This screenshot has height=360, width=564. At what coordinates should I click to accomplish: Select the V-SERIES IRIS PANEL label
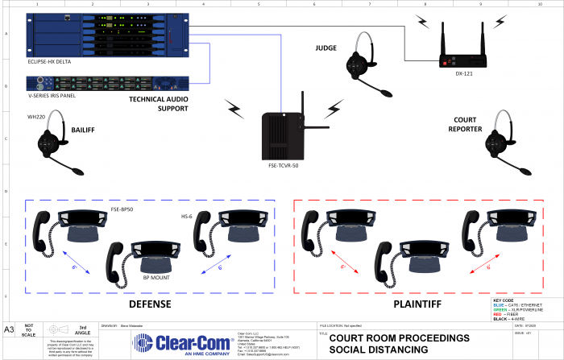coord(51,95)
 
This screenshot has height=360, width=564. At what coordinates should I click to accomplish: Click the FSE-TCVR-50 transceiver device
coord(285,133)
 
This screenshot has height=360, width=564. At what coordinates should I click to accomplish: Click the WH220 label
coord(35,115)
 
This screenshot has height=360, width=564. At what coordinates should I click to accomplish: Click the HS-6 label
coord(188,216)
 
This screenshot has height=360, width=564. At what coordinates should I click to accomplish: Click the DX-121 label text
coord(463,75)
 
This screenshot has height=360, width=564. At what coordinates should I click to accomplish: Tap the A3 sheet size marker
coord(10,330)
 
